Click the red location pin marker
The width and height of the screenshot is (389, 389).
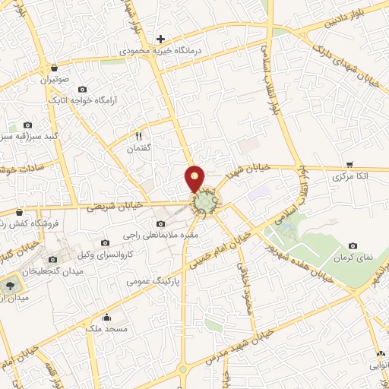195,178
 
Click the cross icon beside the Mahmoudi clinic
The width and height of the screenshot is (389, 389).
160,39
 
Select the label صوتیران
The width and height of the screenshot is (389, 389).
55,78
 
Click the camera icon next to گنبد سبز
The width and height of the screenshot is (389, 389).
28,125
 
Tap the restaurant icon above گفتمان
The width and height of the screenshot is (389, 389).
138,136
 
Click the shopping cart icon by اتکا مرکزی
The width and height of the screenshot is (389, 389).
349,164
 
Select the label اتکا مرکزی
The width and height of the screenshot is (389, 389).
350,176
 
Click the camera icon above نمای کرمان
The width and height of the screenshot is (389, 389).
353,246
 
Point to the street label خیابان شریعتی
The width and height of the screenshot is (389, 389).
114,206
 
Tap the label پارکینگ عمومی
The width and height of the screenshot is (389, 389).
156,280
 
